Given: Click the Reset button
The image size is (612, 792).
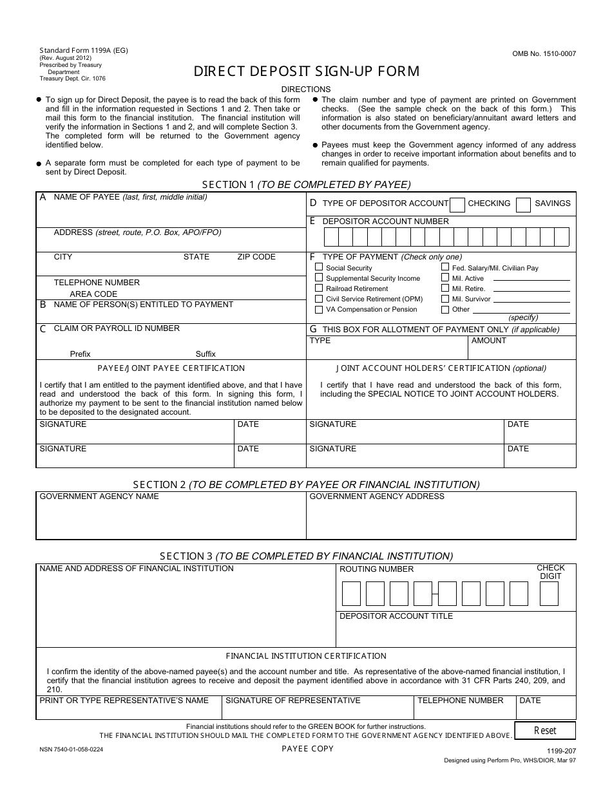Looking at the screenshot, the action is point(545,731).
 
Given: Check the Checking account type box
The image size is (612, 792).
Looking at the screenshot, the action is point(457,205).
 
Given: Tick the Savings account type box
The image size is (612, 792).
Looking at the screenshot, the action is point(524,205).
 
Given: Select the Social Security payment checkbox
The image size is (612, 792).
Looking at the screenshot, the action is point(319,267).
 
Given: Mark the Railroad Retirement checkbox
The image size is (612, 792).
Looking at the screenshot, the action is point(319,288).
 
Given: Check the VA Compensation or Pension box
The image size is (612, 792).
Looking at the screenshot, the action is point(319,309).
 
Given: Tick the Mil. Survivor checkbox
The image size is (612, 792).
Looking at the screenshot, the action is point(445,299).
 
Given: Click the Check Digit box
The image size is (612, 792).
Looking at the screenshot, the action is point(549,594).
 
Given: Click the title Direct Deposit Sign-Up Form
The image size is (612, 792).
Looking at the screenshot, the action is point(307,71).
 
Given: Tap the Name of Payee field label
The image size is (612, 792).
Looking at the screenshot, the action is point(86,197).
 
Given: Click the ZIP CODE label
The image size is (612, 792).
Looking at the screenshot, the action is point(256,257).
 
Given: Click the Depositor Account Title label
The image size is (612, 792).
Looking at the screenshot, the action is point(396,616).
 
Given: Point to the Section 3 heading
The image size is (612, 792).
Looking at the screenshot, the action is point(306,556).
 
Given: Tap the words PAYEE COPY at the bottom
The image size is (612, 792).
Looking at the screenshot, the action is point(307,748).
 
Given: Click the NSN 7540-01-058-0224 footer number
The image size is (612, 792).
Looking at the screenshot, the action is point(72,750).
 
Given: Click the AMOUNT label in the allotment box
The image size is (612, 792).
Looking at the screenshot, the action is point(489,341).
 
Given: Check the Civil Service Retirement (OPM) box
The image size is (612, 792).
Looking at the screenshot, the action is point(319,299).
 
